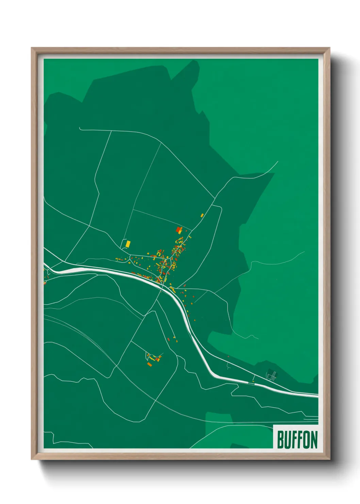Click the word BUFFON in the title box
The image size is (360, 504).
297,440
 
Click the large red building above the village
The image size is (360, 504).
178,230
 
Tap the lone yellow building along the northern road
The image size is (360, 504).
202,215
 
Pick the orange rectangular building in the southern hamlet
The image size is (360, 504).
149,364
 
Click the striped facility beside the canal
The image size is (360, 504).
272,376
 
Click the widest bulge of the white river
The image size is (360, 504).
73,269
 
